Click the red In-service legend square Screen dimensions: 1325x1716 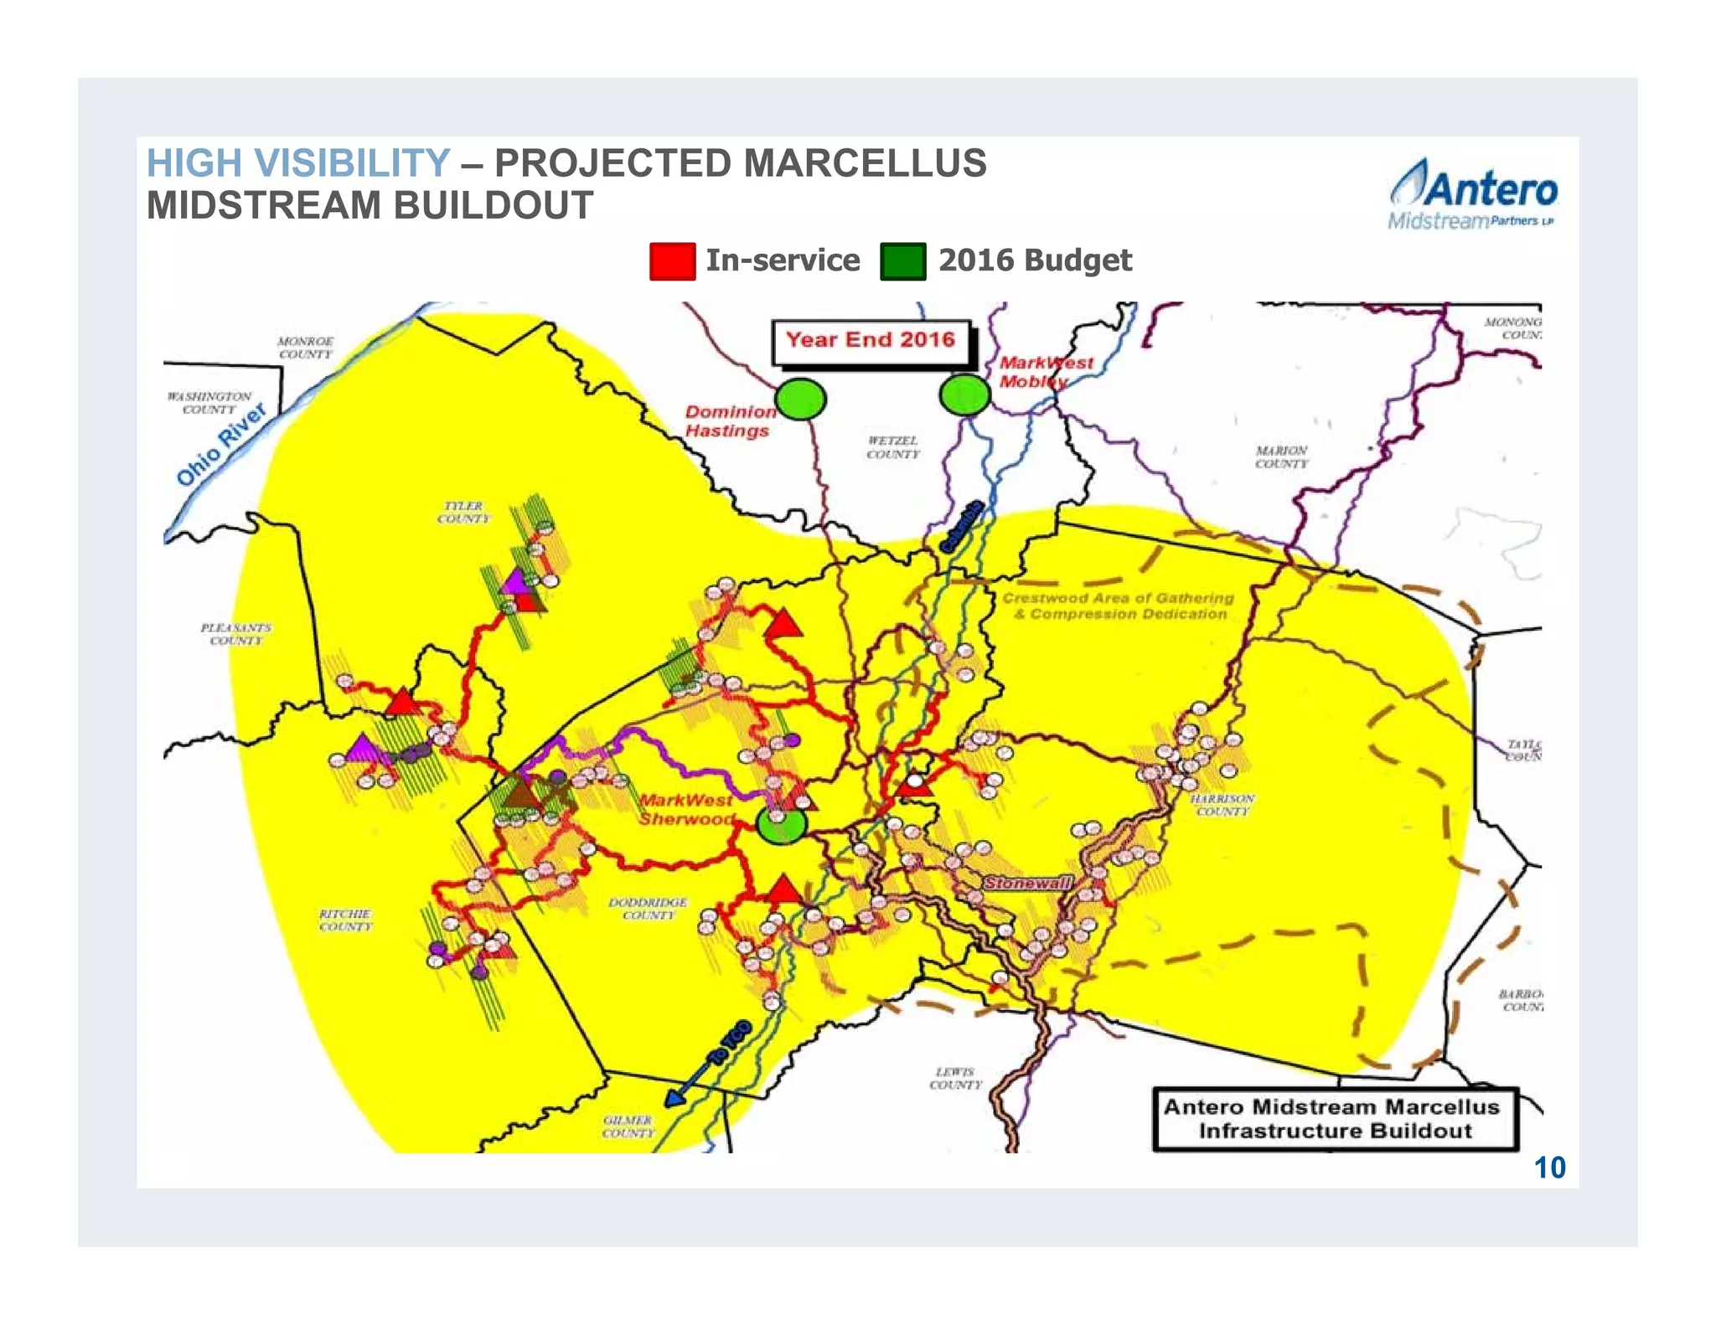coord(671,260)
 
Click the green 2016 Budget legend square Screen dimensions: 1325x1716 coord(902,260)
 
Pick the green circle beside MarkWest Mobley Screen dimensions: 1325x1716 coord(964,395)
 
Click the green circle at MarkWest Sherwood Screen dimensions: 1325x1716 coord(781,824)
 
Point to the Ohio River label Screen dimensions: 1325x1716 coord(221,444)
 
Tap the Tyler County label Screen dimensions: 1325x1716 coord(463,512)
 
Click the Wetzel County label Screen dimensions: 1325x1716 coord(892,446)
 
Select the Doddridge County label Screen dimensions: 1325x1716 coord(648,908)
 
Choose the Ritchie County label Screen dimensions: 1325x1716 coord(345,920)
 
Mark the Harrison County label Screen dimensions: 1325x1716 coord(1222,805)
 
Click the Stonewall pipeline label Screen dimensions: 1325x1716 coord(1027,883)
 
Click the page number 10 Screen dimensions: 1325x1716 coord(1549,1168)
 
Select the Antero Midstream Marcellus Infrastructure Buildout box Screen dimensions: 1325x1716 coord(1334,1118)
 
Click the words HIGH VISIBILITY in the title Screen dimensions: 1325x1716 coord(298,162)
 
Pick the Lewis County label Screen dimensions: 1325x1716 coord(955,1078)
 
